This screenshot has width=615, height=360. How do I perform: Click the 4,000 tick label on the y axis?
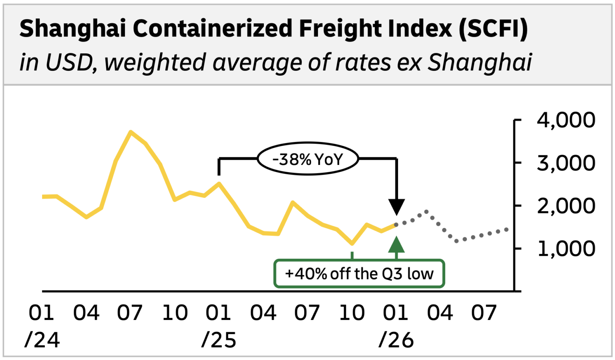(x=565, y=120)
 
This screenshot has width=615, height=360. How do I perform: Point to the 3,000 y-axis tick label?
(x=565, y=163)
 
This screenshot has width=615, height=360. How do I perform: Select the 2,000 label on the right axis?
(x=565, y=206)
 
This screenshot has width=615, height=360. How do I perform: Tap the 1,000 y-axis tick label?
(x=565, y=249)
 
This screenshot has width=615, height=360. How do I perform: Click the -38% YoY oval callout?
(x=307, y=159)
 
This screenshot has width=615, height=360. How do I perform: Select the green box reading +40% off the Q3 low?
(x=359, y=274)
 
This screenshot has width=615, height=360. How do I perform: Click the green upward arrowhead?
(x=396, y=245)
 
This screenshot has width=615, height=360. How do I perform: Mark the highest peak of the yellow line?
(x=131, y=132)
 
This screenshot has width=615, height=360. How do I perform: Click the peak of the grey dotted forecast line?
(x=426, y=211)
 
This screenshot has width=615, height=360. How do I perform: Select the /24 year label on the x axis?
(x=42, y=340)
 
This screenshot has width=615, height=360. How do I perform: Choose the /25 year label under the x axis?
(x=219, y=340)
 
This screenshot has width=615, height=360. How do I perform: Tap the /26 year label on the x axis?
(x=396, y=340)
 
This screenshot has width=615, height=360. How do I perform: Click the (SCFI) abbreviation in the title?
(x=493, y=29)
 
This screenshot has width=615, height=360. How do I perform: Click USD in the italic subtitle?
(x=69, y=62)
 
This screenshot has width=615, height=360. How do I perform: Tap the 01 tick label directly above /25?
(x=219, y=313)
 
